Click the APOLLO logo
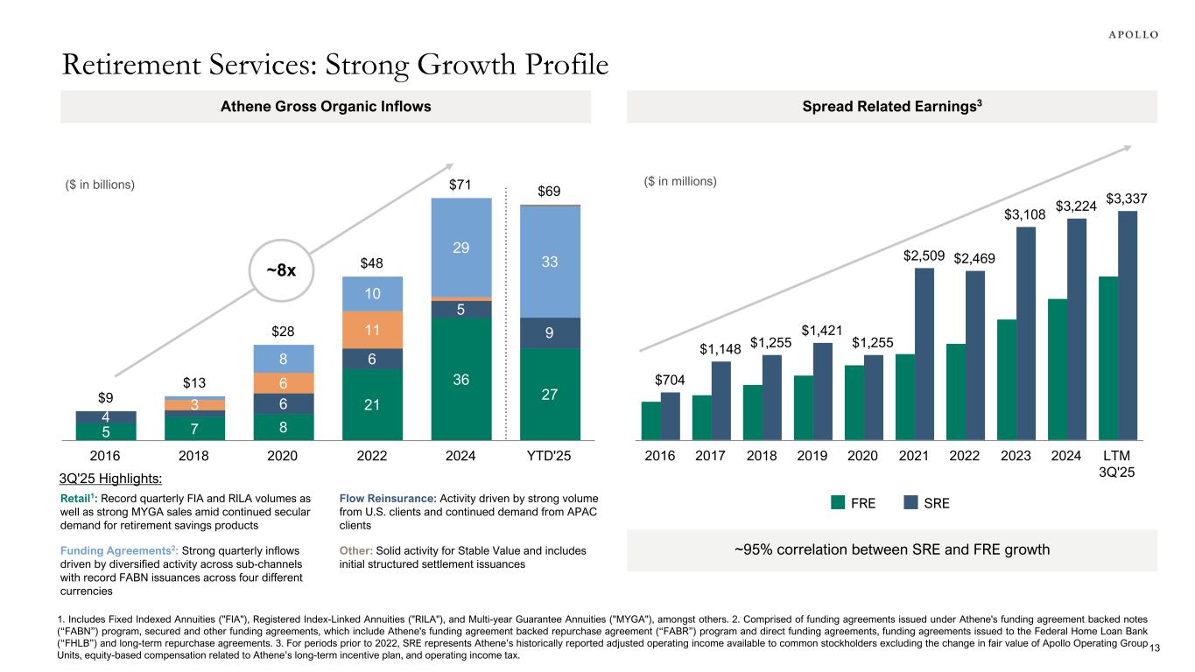pos(1128,34)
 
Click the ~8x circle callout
pos(281,270)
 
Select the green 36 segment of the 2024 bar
pos(460,378)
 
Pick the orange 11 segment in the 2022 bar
pos(371,330)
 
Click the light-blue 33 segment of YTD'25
pos(549,262)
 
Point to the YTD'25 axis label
pos(549,456)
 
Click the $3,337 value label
pos(1128,199)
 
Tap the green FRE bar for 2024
pos(1058,368)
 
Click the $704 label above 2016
pos(670,380)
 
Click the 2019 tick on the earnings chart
pos(812,456)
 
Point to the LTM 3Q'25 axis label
pos(1116,464)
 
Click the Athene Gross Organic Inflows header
pos(325,107)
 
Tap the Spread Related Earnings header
pos(891,107)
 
